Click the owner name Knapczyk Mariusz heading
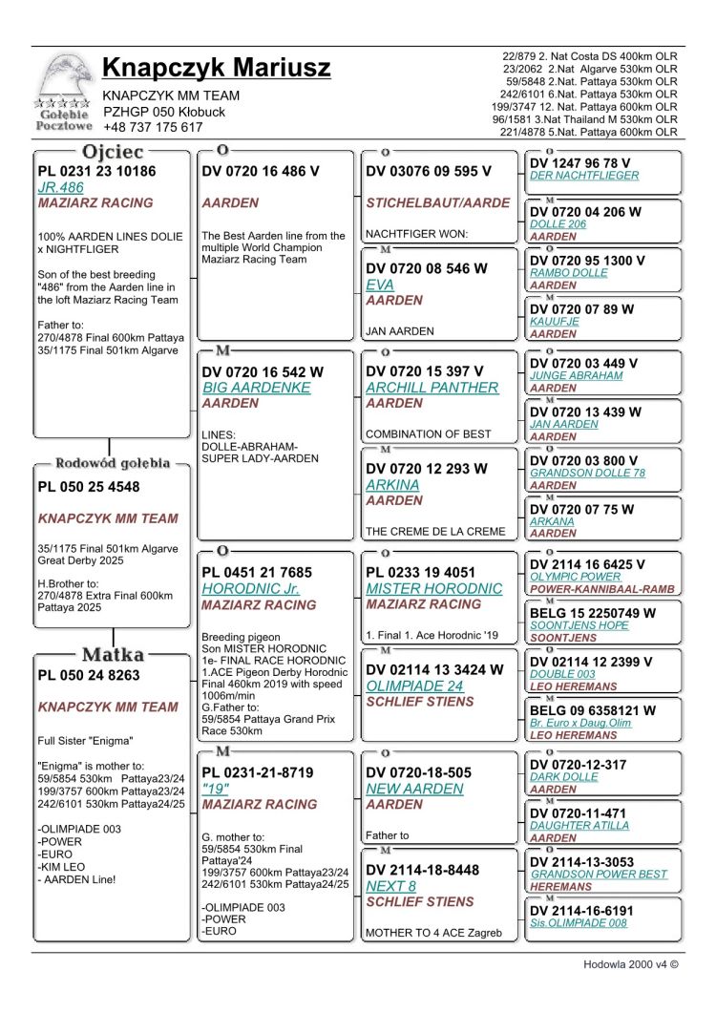point(216,69)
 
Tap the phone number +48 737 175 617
point(153,127)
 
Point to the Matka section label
point(113,655)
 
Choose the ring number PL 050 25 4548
point(89,487)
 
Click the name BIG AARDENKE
point(256,388)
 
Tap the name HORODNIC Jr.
point(251,589)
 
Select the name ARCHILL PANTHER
point(432,388)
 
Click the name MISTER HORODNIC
point(433,589)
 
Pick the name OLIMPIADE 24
point(415,686)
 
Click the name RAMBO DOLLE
point(569,273)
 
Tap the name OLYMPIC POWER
point(575,577)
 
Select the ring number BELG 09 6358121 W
point(592,710)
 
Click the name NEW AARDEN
point(414,789)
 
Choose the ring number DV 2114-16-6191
point(581,911)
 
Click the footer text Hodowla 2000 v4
point(630,964)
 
